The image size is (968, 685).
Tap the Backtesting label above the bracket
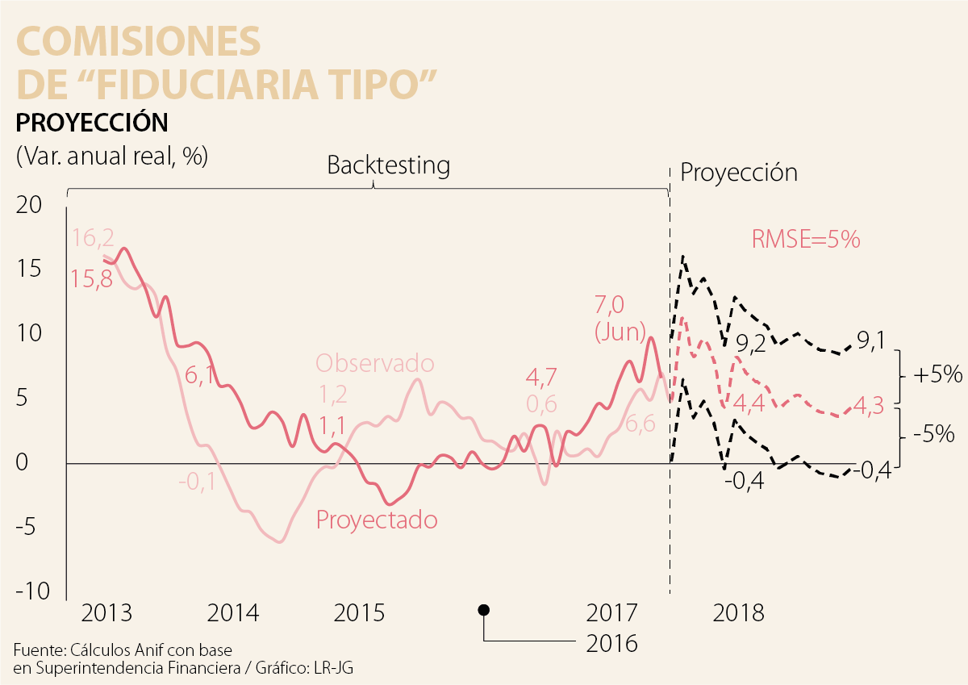click(x=388, y=165)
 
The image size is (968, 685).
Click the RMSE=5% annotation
click(x=806, y=240)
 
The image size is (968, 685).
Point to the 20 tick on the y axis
click(x=29, y=205)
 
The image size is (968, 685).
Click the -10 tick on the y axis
click(x=31, y=591)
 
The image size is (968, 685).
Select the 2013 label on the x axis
click(x=106, y=612)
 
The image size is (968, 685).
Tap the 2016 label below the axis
click(x=611, y=643)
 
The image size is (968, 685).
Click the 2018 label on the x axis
click(x=738, y=612)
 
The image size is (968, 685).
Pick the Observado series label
click(x=375, y=363)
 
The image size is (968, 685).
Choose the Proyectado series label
click(x=377, y=520)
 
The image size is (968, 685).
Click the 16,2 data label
click(x=94, y=238)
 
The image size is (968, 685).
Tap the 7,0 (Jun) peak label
click(x=620, y=318)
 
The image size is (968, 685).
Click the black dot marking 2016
click(x=483, y=610)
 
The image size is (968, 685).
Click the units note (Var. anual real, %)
click(x=111, y=156)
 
